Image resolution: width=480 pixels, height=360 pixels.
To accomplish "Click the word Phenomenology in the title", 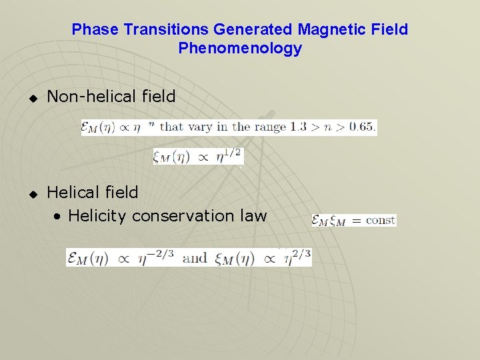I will click(x=240, y=49).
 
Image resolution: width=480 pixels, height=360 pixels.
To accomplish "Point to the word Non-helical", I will click(x=87, y=97).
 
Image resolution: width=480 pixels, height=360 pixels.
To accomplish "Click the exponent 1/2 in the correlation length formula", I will click(x=233, y=152).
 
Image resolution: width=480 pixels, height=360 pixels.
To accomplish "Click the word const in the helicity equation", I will click(x=381, y=220).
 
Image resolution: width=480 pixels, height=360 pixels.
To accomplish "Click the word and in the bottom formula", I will click(x=194, y=257).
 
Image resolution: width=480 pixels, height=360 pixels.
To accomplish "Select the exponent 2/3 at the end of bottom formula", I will click(x=300, y=252).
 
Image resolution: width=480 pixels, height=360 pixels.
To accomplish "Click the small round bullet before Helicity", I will click(x=59, y=217).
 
